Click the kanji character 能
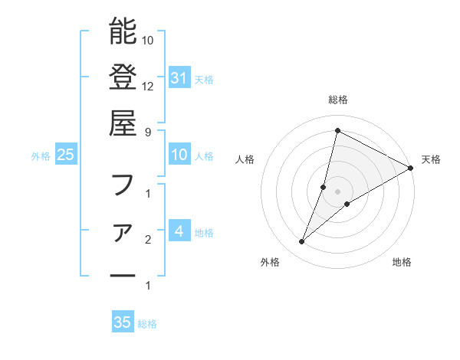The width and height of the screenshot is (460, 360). (123, 31)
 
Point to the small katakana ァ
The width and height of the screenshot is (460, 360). (123, 231)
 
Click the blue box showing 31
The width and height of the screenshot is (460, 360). (179, 78)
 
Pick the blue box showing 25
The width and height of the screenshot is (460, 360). (65, 155)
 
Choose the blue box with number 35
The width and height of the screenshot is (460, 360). (123, 322)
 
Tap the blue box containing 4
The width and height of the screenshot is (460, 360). (179, 231)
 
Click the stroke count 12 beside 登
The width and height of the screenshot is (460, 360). (148, 87)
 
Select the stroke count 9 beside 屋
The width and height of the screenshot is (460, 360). (148, 132)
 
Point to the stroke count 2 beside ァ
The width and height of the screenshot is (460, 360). (148, 241)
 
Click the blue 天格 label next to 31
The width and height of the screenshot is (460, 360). (204, 79)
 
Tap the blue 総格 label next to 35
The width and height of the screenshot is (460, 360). (148, 323)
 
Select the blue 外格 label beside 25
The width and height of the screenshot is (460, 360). (41, 155)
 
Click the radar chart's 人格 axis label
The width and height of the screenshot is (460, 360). (245, 159)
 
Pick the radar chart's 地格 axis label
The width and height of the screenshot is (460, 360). (402, 263)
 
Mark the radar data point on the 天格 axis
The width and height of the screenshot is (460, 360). (411, 168)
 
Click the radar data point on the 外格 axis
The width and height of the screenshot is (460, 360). (302, 242)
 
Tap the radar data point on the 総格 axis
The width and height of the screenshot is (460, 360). (337, 131)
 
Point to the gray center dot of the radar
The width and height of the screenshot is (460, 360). (337, 191)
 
